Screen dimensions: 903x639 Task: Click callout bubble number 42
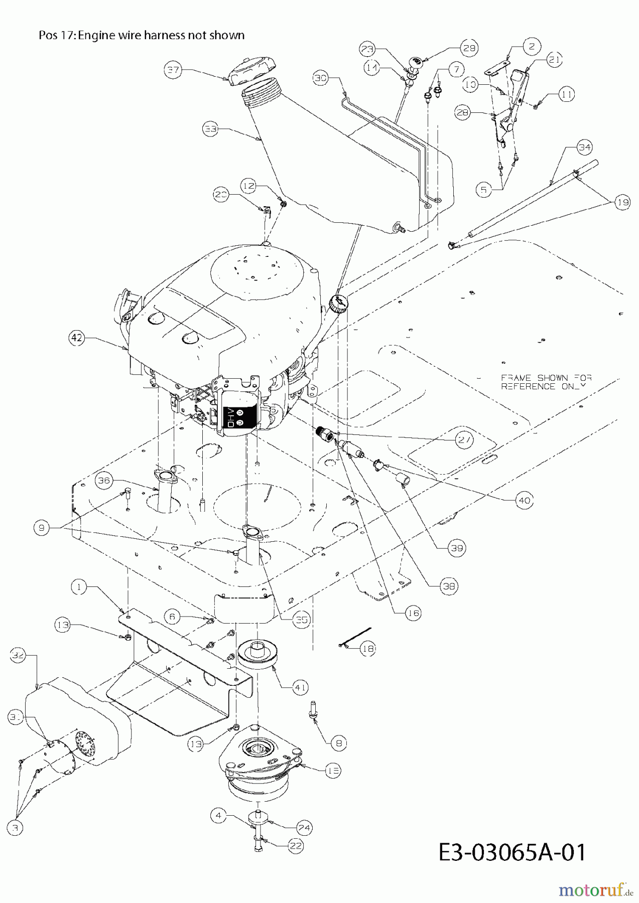76,338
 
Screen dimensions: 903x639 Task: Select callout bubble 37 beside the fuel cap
173,70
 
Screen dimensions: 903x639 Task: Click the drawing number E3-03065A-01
512,852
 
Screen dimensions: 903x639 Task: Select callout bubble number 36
104,480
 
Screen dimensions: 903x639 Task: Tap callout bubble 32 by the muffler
18,656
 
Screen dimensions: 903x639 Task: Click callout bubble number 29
468,48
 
